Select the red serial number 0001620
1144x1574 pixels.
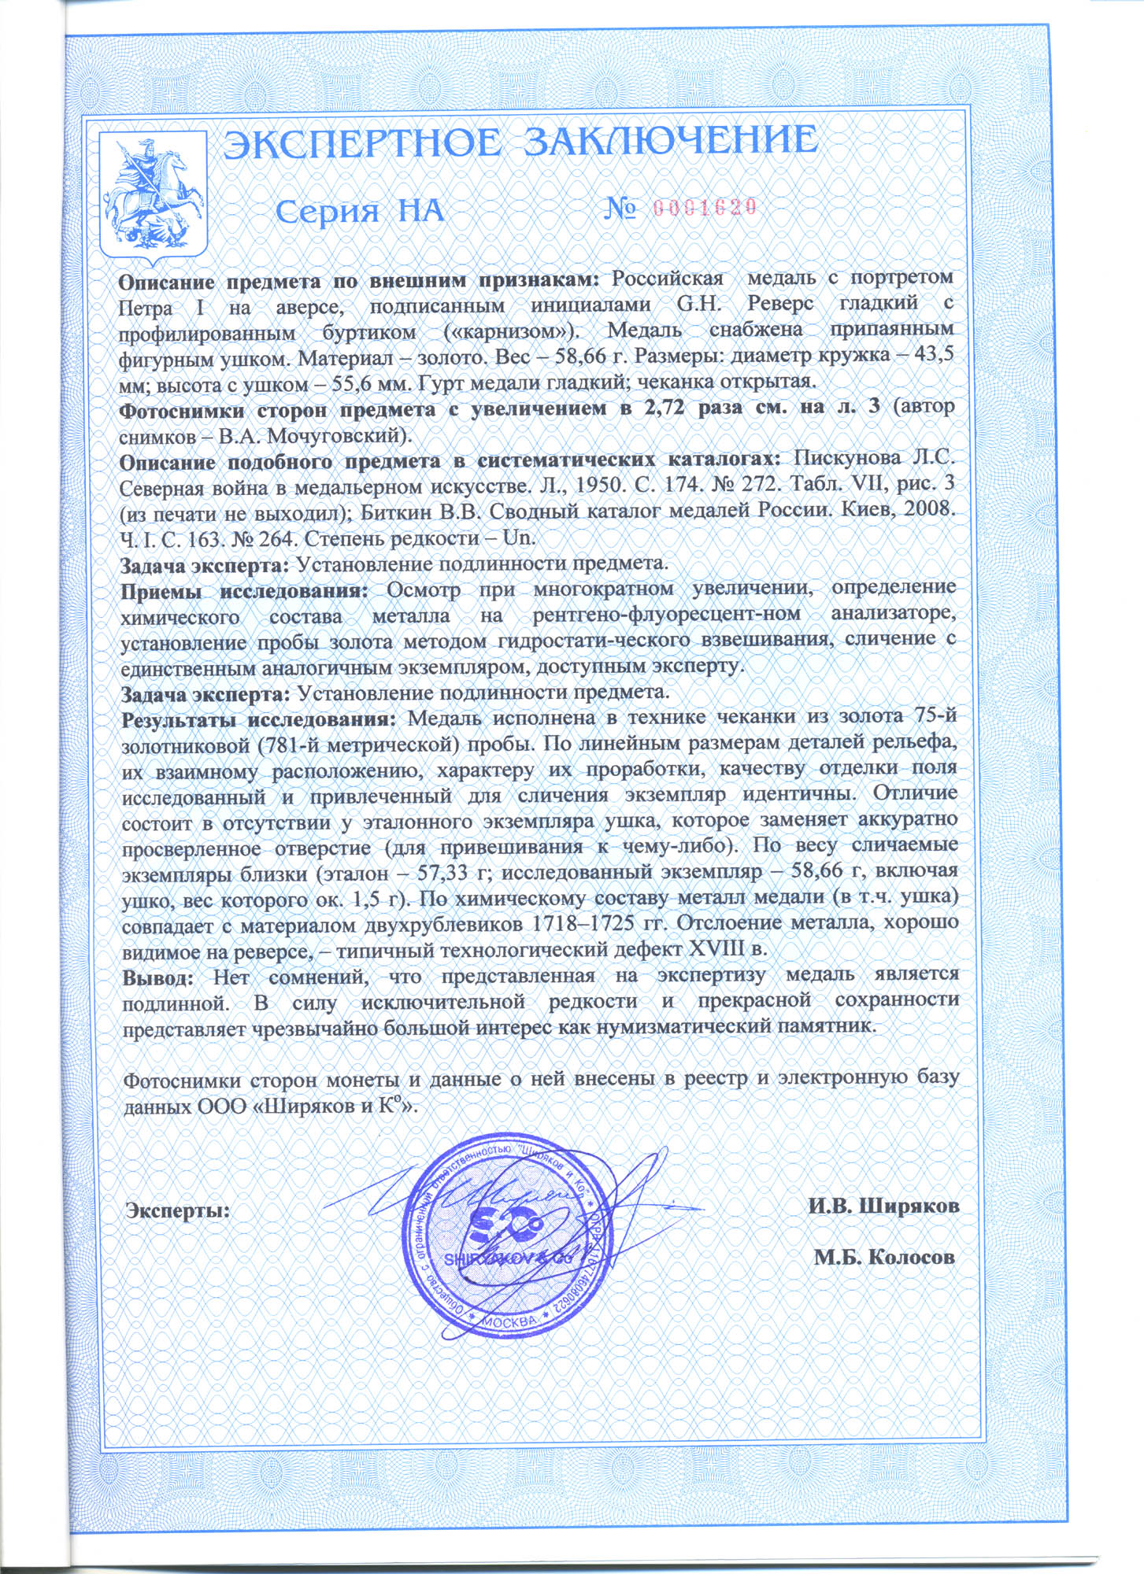[705, 207]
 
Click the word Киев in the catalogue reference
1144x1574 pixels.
[874, 511]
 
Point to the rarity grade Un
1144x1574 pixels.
[519, 538]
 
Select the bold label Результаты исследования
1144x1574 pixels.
[259, 719]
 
